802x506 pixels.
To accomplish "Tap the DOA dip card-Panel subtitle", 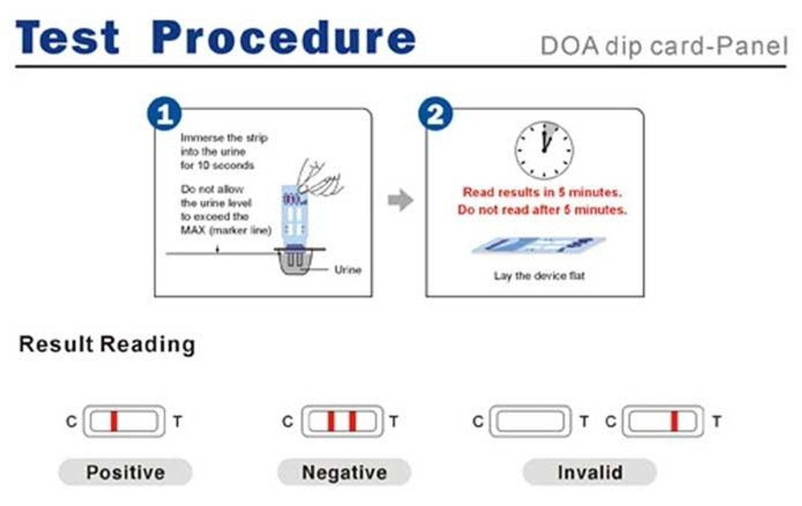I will (663, 46).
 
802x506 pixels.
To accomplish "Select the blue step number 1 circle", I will (164, 114).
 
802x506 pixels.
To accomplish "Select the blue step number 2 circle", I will (435, 114).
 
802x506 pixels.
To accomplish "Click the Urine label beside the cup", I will (348, 270).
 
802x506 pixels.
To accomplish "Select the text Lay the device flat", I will (539, 276).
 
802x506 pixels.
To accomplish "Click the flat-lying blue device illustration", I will (538, 246).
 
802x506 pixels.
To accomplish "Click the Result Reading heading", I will (107, 344).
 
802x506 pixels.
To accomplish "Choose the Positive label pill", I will (125, 472).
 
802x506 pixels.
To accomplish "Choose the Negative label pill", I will (344, 472).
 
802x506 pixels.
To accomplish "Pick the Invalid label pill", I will (590, 472).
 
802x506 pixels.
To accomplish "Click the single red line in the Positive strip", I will (114, 421).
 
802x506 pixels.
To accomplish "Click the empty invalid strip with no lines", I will (530, 421).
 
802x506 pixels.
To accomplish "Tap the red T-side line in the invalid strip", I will (674, 421).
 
